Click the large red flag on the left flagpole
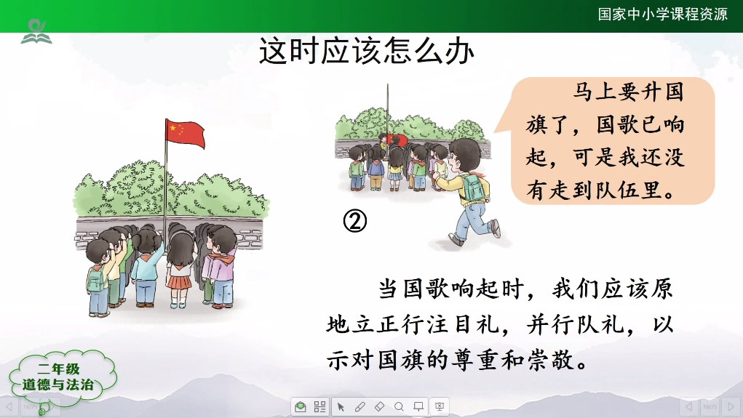(x=186, y=134)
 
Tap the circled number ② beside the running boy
(x=355, y=221)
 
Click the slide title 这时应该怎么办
(x=366, y=51)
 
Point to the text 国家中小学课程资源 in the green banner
(x=662, y=15)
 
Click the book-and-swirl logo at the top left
(x=36, y=32)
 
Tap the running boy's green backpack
(x=472, y=187)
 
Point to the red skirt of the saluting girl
(x=179, y=283)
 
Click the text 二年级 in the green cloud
(x=59, y=369)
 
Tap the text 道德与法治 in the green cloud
(x=58, y=385)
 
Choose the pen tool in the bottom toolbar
(x=359, y=406)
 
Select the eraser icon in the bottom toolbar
(x=380, y=406)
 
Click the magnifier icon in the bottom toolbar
(x=399, y=406)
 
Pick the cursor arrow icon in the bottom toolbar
(x=341, y=406)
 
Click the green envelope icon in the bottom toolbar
(x=300, y=406)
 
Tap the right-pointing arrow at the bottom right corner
(x=731, y=406)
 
